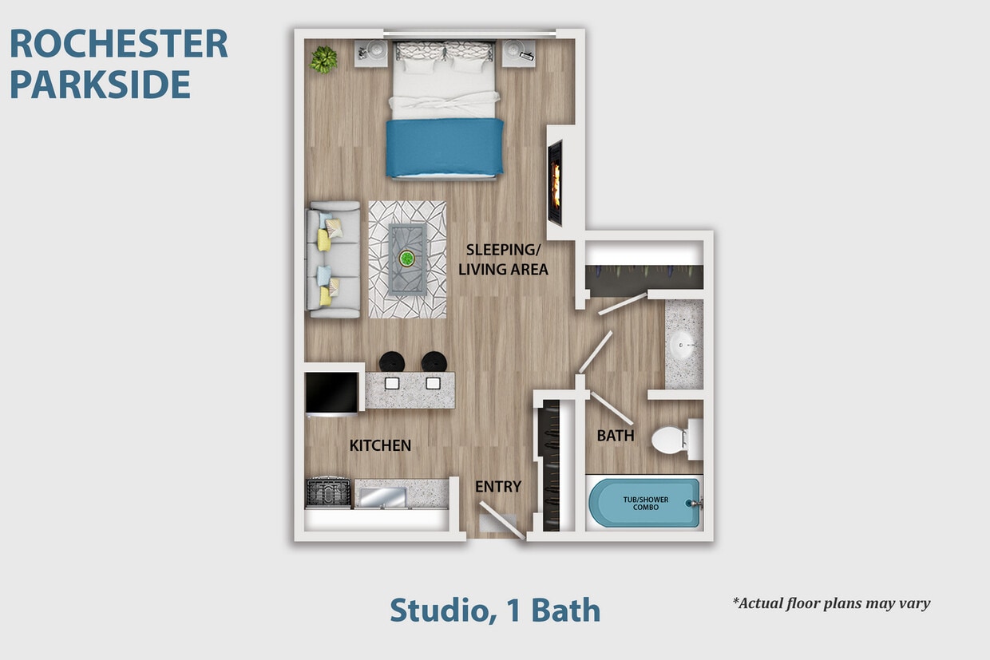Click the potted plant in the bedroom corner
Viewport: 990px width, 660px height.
(323, 59)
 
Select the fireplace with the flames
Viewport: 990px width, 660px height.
(554, 183)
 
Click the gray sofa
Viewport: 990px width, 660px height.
(334, 259)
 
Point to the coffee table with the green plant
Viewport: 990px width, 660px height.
(407, 259)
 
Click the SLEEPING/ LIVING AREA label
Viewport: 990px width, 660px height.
(503, 259)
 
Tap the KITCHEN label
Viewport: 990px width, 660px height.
(380, 445)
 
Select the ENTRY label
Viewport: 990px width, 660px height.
(498, 486)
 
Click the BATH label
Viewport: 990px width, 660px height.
(616, 436)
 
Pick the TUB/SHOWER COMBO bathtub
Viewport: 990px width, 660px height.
(645, 503)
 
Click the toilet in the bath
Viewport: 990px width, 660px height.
(675, 439)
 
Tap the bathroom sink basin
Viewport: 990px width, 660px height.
(683, 346)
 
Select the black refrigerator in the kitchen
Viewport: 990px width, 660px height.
(332, 393)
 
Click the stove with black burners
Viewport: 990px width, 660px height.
(328, 492)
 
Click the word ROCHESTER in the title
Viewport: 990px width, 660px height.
(119, 44)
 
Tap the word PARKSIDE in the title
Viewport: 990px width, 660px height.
(101, 84)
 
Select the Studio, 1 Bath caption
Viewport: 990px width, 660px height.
(495, 611)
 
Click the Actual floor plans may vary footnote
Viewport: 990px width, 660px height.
(831, 603)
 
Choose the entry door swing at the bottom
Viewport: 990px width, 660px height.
(501, 520)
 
